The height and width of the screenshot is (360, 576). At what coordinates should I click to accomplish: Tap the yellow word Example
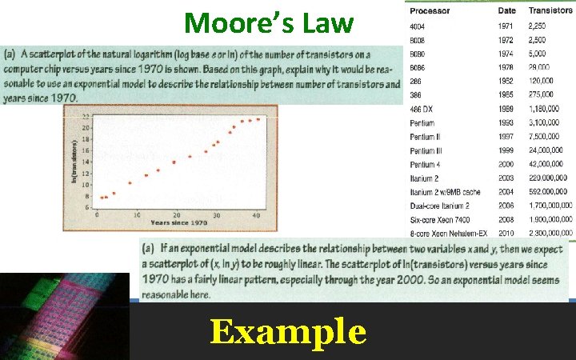coord(288,331)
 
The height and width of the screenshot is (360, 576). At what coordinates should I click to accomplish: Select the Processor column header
coord(428,11)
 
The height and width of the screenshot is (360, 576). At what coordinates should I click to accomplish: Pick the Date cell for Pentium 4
coord(506,165)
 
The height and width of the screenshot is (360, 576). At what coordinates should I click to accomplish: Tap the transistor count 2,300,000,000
coord(550,233)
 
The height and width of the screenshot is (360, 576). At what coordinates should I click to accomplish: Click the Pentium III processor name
coord(425,150)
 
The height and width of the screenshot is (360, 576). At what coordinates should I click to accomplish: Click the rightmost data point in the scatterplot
coord(258,119)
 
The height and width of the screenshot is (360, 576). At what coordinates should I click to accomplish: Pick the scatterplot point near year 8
coord(114,194)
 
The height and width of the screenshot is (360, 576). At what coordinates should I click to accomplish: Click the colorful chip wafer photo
coord(64,316)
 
